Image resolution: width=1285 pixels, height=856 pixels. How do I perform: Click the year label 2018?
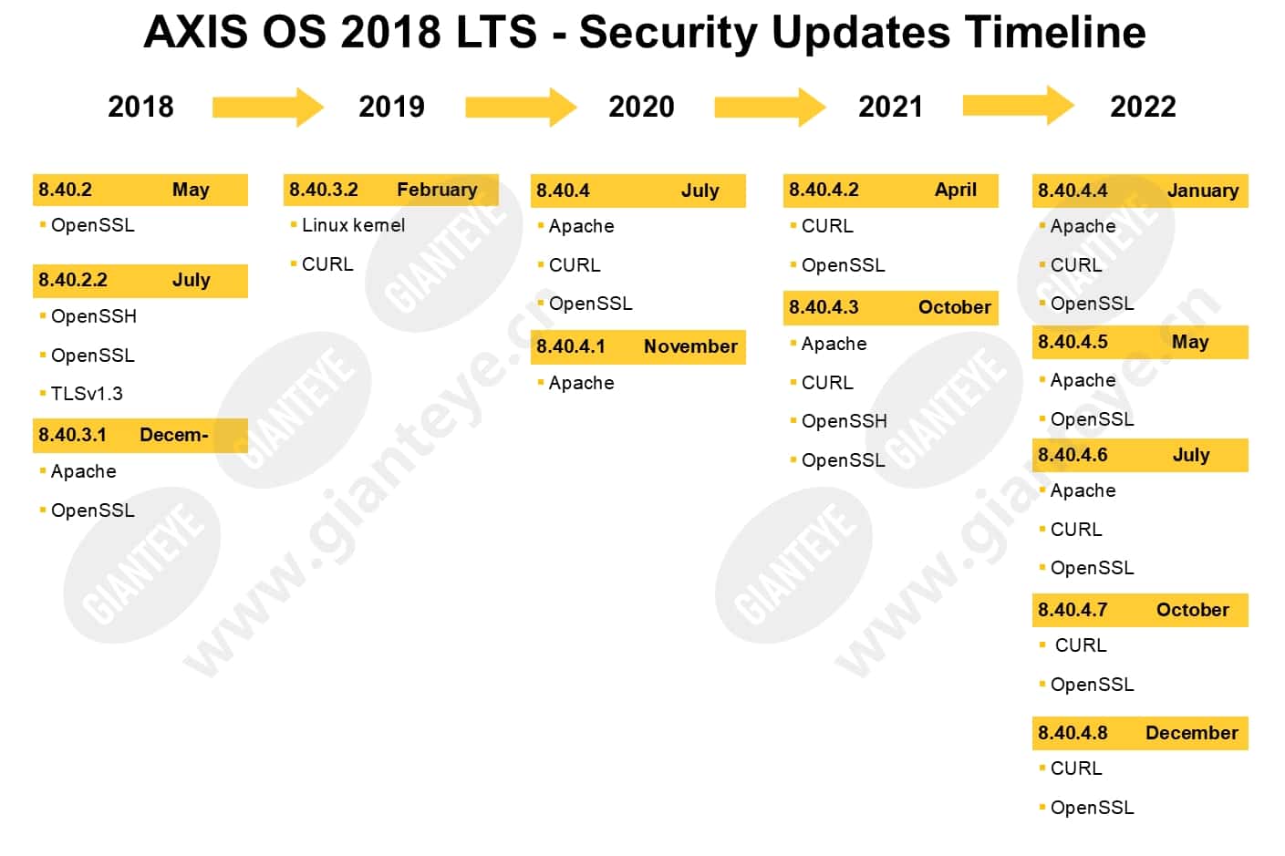(140, 107)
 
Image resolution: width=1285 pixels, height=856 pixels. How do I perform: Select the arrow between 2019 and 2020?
(521, 108)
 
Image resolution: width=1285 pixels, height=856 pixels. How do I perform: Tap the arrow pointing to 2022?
(1019, 106)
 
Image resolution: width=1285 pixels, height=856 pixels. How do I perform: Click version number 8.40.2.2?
(73, 280)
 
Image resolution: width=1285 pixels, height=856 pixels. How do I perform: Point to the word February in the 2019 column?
(437, 190)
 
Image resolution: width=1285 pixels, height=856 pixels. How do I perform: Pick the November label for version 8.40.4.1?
(690, 346)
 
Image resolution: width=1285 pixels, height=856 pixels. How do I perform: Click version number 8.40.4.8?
(1073, 733)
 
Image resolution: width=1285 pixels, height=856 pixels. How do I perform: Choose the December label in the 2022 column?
(1192, 733)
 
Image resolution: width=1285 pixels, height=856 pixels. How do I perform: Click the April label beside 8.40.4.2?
(955, 191)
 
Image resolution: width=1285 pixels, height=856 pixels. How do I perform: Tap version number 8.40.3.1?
(72, 435)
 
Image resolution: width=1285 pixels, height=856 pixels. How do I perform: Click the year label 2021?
(890, 107)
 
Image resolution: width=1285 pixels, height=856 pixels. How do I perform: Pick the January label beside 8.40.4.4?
(1203, 191)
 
